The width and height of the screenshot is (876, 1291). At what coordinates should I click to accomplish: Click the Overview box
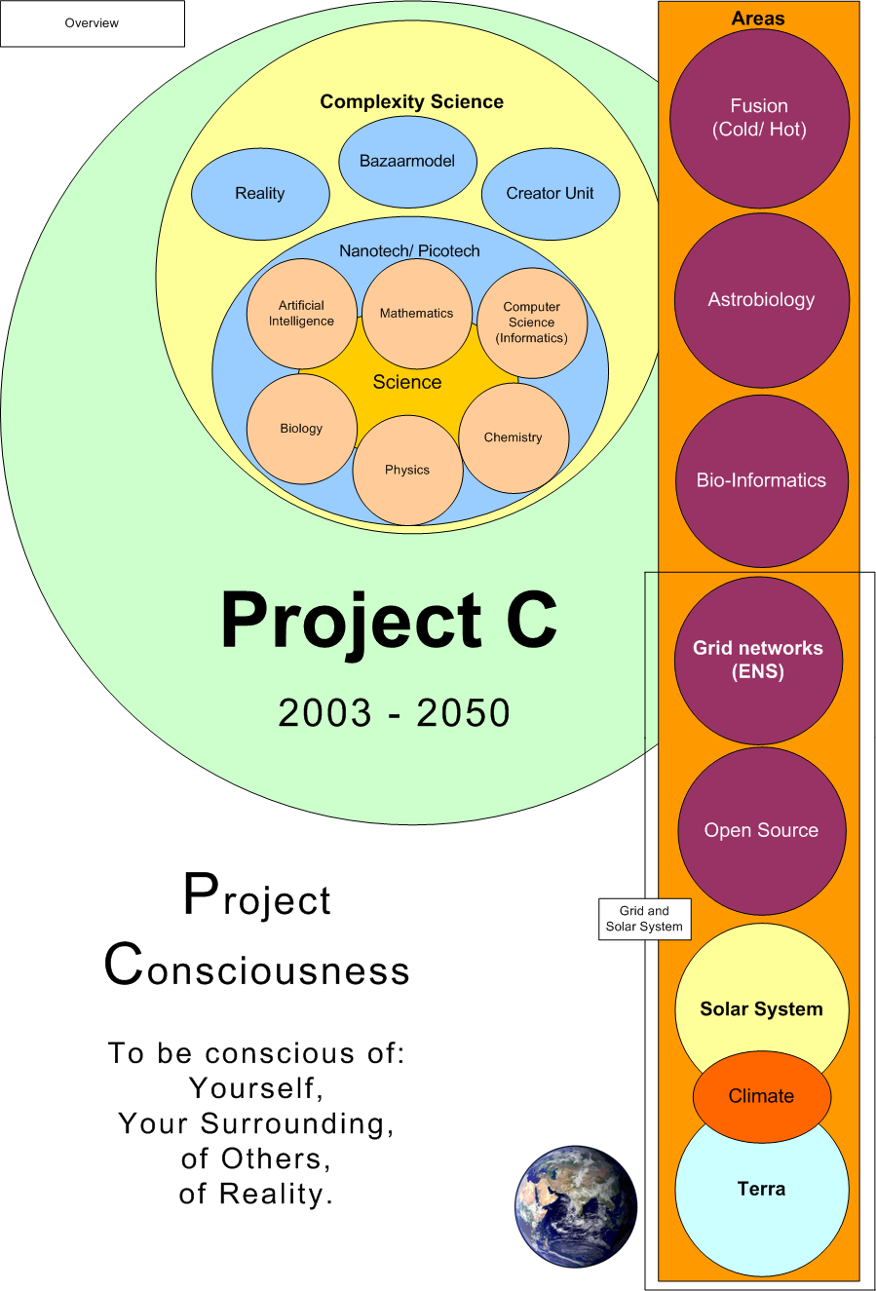point(92,23)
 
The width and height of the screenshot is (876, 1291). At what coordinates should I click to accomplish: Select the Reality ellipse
point(260,194)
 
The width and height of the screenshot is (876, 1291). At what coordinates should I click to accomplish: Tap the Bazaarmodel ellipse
point(407,162)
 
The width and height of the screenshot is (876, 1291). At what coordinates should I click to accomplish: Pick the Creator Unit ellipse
point(550,194)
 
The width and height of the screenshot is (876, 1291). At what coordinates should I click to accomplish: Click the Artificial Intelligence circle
point(302,314)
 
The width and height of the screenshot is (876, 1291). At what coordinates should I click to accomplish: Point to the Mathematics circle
point(417,314)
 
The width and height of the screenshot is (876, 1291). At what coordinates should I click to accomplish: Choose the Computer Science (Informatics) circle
point(532,323)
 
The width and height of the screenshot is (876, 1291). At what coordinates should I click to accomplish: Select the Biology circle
point(301,429)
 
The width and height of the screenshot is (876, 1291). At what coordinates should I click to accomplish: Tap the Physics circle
point(407,470)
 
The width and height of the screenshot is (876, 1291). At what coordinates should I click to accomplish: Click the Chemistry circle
point(514,437)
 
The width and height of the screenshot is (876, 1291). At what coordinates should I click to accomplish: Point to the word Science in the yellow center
point(407,383)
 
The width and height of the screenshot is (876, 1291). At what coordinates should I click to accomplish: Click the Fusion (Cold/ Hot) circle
point(759,118)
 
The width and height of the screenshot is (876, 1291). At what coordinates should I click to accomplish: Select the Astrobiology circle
point(761,300)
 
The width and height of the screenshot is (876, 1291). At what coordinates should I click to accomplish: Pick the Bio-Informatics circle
point(761,480)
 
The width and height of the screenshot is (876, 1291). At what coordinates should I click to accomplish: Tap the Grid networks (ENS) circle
point(758,660)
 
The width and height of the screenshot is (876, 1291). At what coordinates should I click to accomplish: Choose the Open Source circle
point(761,830)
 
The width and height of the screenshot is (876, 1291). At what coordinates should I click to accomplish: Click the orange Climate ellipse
point(761,1096)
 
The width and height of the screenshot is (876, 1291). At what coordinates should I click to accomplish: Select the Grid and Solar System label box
point(644,919)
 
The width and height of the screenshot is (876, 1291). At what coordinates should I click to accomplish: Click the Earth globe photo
point(576,1206)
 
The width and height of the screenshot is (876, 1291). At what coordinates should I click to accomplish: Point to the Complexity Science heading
point(412,102)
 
